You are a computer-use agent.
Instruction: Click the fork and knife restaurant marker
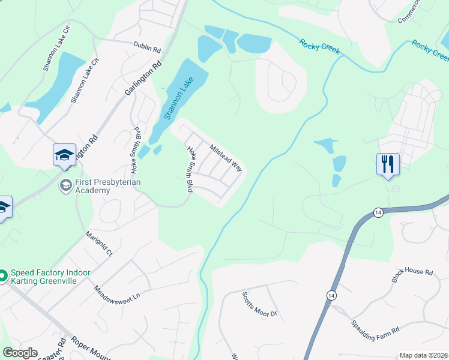tap(388, 163)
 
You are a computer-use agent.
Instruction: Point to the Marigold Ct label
tap(99, 244)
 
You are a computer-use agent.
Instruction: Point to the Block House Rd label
tap(412, 275)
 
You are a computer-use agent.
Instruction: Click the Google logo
tap(20, 353)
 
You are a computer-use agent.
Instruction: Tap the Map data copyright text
tap(424, 355)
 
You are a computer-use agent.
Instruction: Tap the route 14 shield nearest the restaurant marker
tap(378, 212)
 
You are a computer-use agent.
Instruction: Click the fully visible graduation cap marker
tap(64, 155)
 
